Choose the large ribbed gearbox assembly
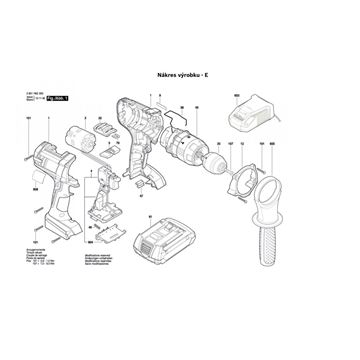pyautogui.click(x=183, y=150)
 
